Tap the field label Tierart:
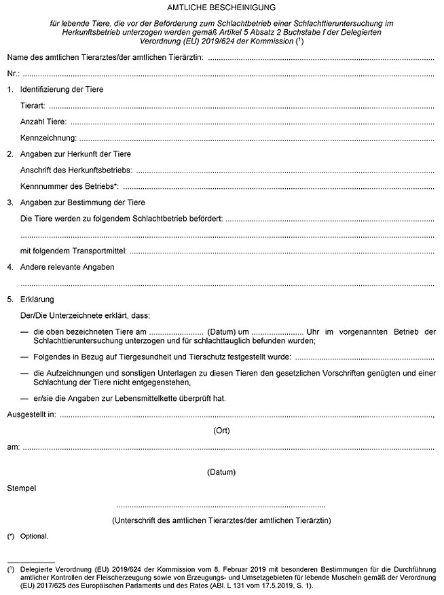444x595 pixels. click(x=35, y=106)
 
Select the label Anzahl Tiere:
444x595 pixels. click(x=44, y=122)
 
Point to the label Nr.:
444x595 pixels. click(x=14, y=73)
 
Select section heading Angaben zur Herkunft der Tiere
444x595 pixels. click(x=76, y=154)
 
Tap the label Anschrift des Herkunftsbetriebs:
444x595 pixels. click(x=77, y=170)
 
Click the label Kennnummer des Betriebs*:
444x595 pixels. click(x=70, y=186)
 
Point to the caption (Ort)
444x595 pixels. click(x=221, y=431)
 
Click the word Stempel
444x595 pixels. click(x=21, y=488)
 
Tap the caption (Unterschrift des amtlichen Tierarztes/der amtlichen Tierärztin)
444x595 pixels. click(x=221, y=520)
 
